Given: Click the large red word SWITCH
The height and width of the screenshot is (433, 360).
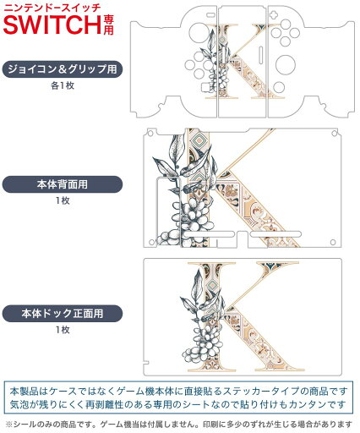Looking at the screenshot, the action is click(52, 25).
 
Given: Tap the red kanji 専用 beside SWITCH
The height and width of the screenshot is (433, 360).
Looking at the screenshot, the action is click(108, 25).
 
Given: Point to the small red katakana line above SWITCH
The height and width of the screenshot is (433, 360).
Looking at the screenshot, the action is click(52, 7).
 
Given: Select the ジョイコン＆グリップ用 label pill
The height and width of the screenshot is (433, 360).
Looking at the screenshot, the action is click(63, 69).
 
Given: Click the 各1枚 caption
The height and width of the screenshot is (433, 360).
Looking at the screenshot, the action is click(63, 85).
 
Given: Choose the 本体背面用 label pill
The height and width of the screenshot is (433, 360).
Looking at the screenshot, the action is click(63, 184).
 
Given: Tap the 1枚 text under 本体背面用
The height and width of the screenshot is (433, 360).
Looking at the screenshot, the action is click(63, 200).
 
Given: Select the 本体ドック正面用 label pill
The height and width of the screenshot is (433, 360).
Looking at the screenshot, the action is click(63, 314).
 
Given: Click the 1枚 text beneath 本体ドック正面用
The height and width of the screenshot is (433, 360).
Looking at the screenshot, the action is click(63, 330).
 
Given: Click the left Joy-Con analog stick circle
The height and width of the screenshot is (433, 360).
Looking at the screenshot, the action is click(199, 33).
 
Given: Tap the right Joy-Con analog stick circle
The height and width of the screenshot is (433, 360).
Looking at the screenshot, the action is click(286, 64).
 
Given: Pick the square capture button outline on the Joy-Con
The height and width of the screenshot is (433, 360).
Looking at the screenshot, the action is click(206, 87).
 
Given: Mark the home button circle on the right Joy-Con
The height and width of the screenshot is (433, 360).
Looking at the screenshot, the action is click(279, 87).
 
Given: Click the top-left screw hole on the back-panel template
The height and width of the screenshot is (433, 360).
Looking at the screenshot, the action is click(150, 133).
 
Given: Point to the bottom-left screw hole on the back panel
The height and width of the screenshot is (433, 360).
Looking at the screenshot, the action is click(151, 242).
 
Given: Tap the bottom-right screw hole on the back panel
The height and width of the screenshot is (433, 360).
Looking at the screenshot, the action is click(333, 242).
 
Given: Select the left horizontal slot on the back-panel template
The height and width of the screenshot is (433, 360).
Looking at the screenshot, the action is click(209, 234).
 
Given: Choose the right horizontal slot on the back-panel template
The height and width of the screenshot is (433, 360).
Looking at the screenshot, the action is click(275, 234).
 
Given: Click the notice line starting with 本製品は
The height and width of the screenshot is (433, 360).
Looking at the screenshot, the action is click(178, 392).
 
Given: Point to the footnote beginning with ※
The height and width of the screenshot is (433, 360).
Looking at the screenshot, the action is click(179, 424).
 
